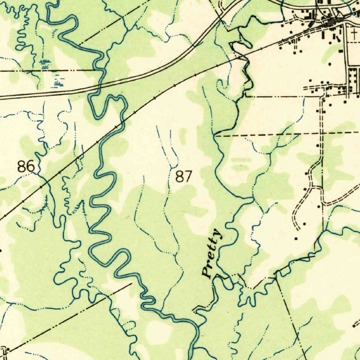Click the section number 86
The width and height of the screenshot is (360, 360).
click(x=26, y=166)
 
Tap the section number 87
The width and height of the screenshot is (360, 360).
click(x=184, y=176)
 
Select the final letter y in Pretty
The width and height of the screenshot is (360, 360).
click(x=218, y=234)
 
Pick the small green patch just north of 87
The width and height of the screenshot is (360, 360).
click(x=183, y=136)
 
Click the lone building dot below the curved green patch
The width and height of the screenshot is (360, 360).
click(x=330, y=64)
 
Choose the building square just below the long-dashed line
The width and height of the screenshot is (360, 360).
click(x=318, y=145)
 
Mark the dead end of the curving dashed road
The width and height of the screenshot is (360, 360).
click(x=298, y=229)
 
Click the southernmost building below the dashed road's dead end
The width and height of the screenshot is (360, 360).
click(x=296, y=239)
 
